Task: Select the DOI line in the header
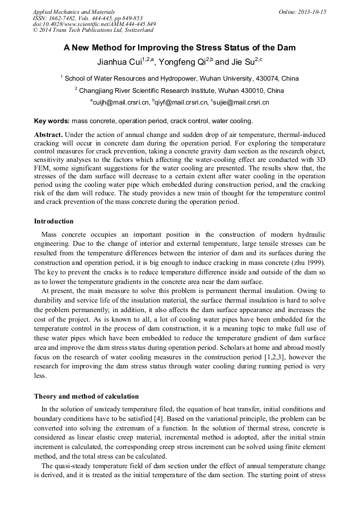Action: pyautogui.click(x=94, y=24)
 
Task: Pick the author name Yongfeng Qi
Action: pyautogui.click(x=185, y=62)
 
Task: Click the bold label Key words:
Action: pyautogui.click(x=52, y=121)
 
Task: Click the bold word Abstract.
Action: pyautogui.click(x=49, y=135)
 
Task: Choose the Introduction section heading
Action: pyautogui.click(x=54, y=221)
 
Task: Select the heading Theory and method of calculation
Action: pyautogui.click(x=86, y=396)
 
